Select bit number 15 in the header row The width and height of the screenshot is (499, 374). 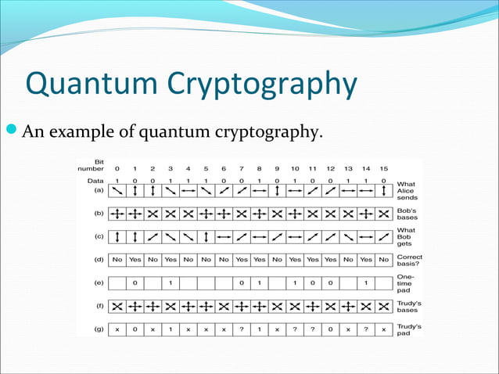point(383,167)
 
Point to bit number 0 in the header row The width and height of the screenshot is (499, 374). point(117,167)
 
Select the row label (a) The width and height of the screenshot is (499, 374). point(97,189)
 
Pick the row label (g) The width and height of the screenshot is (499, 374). point(97,329)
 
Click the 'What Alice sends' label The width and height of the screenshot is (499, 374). point(407,191)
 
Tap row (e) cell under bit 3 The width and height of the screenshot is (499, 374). point(171,282)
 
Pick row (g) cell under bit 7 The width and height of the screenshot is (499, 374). point(242,329)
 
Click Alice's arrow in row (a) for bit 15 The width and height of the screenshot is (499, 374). point(383,190)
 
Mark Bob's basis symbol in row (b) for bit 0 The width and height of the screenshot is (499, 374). point(117,213)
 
